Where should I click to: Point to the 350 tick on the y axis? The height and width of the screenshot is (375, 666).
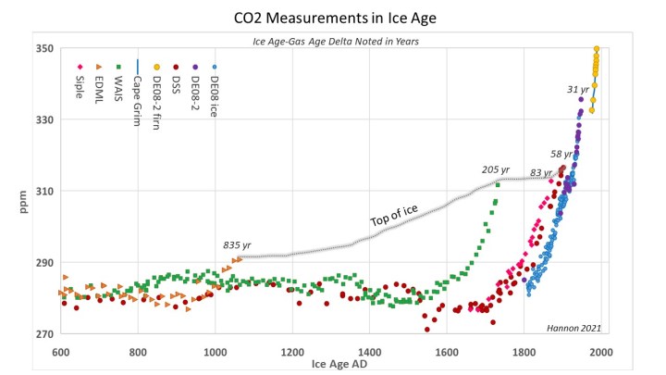click(x=43, y=48)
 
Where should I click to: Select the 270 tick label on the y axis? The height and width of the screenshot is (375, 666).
click(x=43, y=334)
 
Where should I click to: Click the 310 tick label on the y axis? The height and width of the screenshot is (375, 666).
click(x=43, y=192)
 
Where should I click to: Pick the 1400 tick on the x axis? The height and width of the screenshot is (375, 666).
click(x=370, y=352)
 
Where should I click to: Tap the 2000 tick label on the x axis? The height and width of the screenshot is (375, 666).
click(x=601, y=352)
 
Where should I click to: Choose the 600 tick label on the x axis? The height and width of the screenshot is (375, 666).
click(x=61, y=352)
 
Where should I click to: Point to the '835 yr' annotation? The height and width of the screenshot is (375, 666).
click(x=238, y=245)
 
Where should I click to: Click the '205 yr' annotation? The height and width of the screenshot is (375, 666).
click(x=496, y=169)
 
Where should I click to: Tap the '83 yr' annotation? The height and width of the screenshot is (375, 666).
click(x=541, y=173)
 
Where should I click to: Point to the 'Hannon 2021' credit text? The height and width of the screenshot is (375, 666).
click(x=574, y=326)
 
